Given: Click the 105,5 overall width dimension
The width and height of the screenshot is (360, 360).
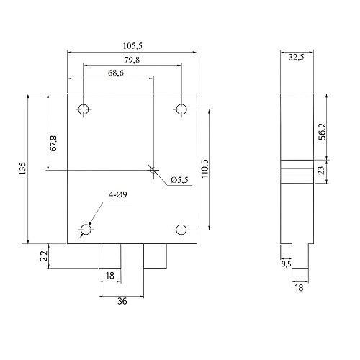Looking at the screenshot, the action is [132, 45].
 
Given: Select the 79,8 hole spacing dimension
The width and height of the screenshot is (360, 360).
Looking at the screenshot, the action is [132, 60].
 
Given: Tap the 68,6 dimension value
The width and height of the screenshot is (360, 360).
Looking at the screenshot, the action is [116, 73].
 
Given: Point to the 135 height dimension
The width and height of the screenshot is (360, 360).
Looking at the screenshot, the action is [22, 168].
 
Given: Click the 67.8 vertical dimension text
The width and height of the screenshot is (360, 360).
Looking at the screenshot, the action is [53, 143].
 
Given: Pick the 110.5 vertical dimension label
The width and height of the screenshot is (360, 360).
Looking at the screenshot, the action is [205, 168].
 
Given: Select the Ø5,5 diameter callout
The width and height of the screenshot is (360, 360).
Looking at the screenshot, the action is [179, 180].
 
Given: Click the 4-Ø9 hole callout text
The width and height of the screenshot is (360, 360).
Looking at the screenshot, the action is [117, 194].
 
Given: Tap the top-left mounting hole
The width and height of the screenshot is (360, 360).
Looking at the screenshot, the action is [84, 109].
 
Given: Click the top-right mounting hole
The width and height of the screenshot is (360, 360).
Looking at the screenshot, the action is [181, 109].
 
